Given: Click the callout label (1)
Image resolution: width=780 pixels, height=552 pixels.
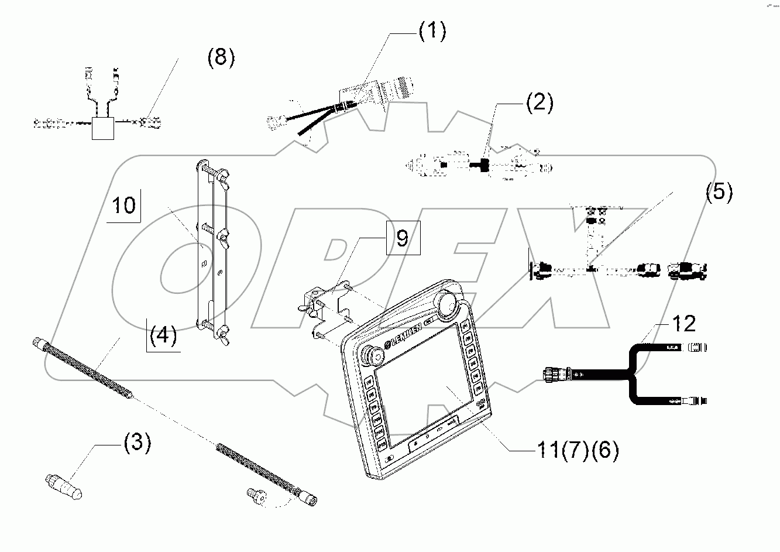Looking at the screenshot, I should pos(432,32).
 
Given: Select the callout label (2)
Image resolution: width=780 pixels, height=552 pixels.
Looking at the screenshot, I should pos(538,103).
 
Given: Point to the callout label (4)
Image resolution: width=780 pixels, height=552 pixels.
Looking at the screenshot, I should pos(163,335).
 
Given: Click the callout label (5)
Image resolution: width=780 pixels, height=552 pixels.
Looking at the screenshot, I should pos(719,192).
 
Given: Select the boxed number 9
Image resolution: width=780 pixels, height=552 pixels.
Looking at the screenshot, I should pos(402,238).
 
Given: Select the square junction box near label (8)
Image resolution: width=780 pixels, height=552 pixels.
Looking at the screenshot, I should pos(104,127).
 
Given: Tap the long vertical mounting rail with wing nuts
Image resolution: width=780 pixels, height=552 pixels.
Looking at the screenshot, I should pos(212,246).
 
